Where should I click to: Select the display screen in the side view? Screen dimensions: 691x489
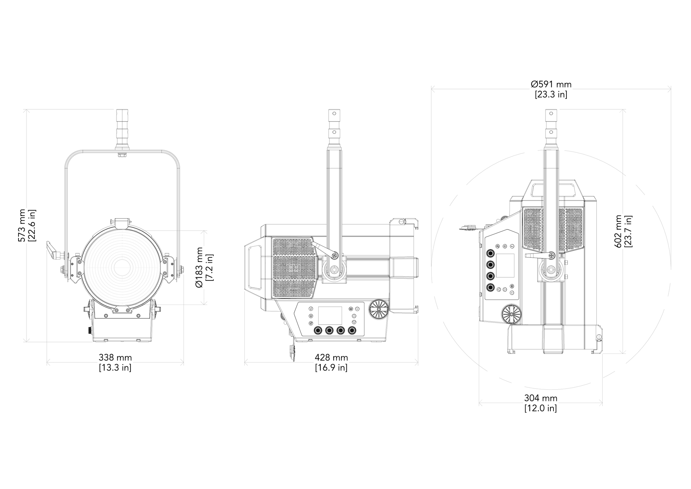coord(330,316)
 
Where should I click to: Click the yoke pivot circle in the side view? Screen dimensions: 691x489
coord(334,269)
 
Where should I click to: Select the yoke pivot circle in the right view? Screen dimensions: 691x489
coord(551,269)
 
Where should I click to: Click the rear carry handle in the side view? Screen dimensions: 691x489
coord(254,268)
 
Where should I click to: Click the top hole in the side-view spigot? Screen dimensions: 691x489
coord(334,114)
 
